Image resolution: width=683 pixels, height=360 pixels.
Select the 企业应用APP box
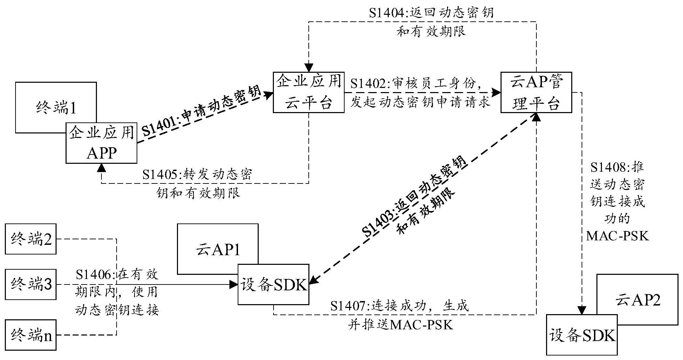[x=101, y=143]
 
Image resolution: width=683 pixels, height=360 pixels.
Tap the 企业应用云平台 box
[x=308, y=92]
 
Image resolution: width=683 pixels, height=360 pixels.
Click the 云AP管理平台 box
[x=536, y=92]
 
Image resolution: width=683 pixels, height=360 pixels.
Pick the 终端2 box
[x=31, y=239]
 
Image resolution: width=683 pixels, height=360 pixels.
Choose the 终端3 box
[x=31, y=284]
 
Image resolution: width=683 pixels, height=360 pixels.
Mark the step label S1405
[x=161, y=174]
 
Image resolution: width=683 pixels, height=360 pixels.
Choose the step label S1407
[x=350, y=306]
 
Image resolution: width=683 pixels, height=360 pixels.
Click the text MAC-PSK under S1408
[x=617, y=236]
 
